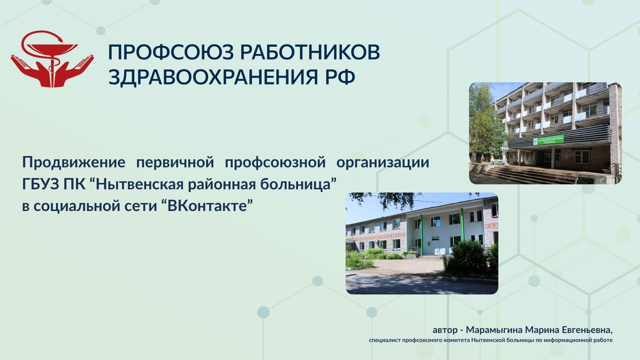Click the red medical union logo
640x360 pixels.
(52, 59)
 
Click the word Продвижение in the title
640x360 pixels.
(74, 162)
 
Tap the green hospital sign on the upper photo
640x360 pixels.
(548, 140)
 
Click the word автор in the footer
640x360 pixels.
(445, 330)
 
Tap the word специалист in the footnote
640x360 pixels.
(385, 340)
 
